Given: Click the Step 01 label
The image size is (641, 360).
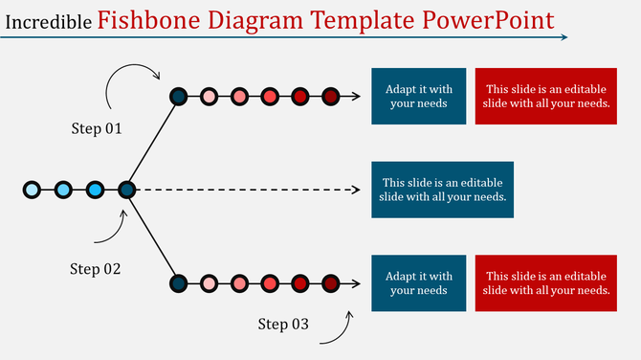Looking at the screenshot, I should [x=97, y=128].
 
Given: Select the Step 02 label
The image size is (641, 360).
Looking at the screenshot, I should [x=96, y=269].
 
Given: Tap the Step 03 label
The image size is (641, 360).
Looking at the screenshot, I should [x=283, y=325].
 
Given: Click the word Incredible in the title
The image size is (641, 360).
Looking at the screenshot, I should [x=49, y=20].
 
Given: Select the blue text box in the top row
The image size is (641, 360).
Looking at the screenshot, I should [x=418, y=96].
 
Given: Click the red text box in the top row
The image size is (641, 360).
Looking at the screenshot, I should [x=546, y=96].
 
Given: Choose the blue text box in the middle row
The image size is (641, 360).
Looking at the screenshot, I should [x=442, y=190].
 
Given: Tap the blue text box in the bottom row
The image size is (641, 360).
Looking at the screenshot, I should [x=418, y=283].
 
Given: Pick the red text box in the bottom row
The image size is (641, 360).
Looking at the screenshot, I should [x=546, y=283].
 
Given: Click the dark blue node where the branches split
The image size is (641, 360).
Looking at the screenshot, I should [x=126, y=190].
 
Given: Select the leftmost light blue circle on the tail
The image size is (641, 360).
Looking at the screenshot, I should [x=33, y=190].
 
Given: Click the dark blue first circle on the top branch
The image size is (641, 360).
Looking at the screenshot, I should [x=178, y=96].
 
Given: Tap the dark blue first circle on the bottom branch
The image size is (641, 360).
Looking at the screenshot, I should [x=178, y=283].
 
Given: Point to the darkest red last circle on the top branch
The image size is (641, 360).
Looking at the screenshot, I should [x=330, y=96].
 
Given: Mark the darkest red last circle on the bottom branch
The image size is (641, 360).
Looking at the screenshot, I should [x=330, y=283].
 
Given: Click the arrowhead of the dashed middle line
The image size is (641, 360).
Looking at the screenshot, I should [x=355, y=190].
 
